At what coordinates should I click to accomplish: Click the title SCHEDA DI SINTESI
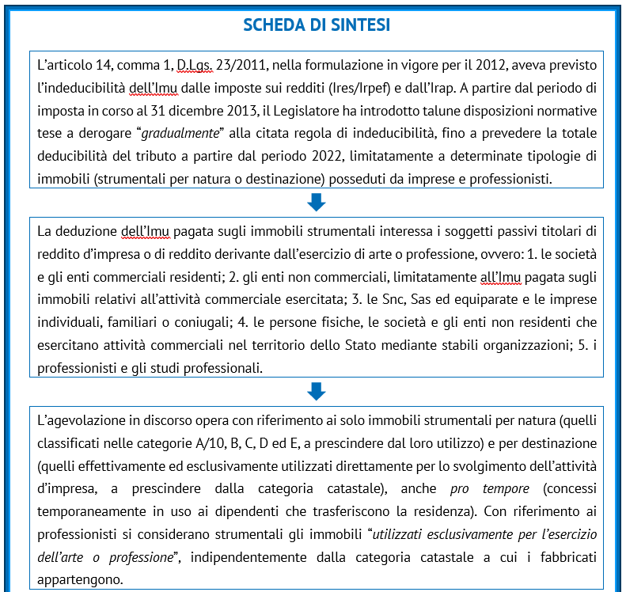[x=316, y=25]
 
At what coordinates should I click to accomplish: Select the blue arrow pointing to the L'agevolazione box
[x=316, y=391]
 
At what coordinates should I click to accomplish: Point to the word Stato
[x=342, y=346]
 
